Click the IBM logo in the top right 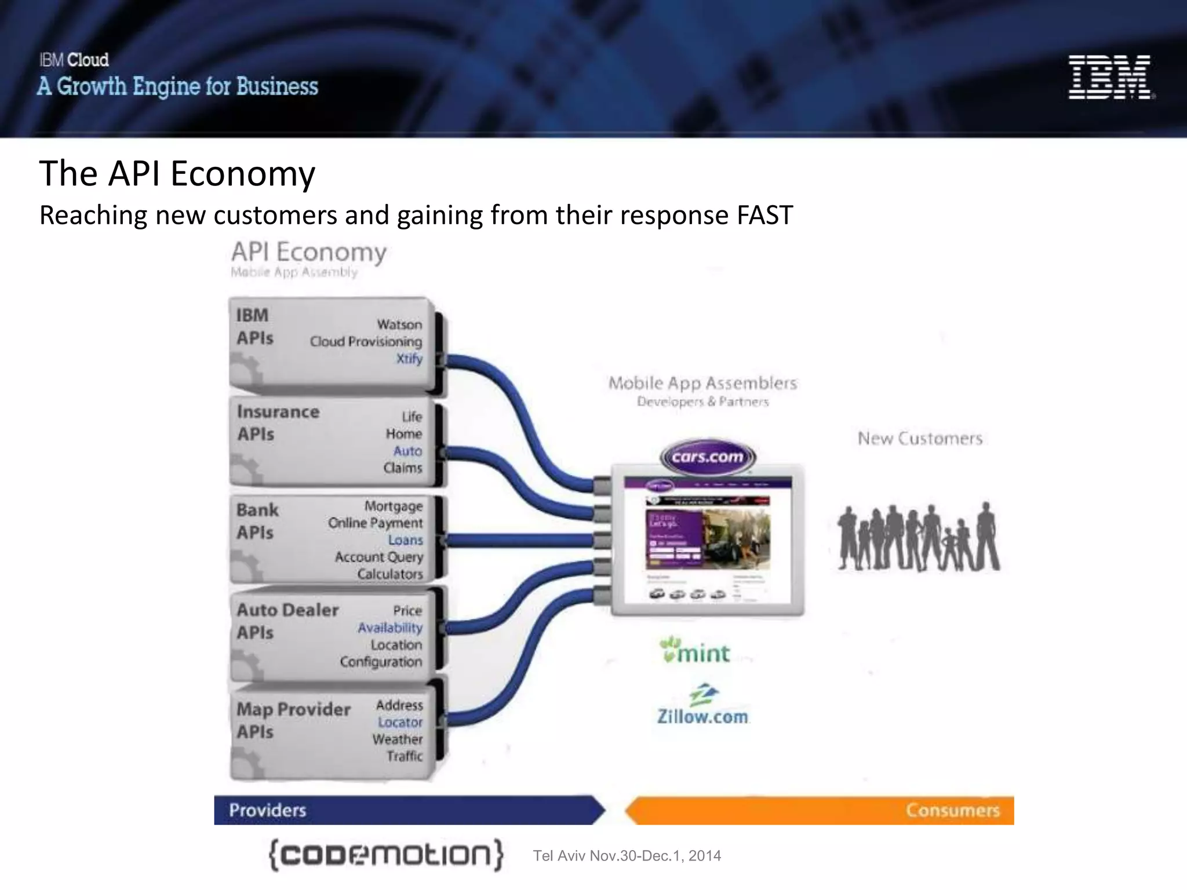1110,77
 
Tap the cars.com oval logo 707,457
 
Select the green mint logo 696,651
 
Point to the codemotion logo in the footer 386,855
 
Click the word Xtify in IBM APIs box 409,359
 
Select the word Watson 399,324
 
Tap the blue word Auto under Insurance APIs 407,451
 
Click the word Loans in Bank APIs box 405,540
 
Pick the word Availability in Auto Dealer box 389,628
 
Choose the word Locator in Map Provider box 400,723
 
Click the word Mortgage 394,506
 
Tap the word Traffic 405,756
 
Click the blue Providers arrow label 267,810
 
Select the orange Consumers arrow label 952,810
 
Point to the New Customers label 920,439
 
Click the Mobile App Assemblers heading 702,383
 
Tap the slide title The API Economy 177,173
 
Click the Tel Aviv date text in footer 627,856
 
